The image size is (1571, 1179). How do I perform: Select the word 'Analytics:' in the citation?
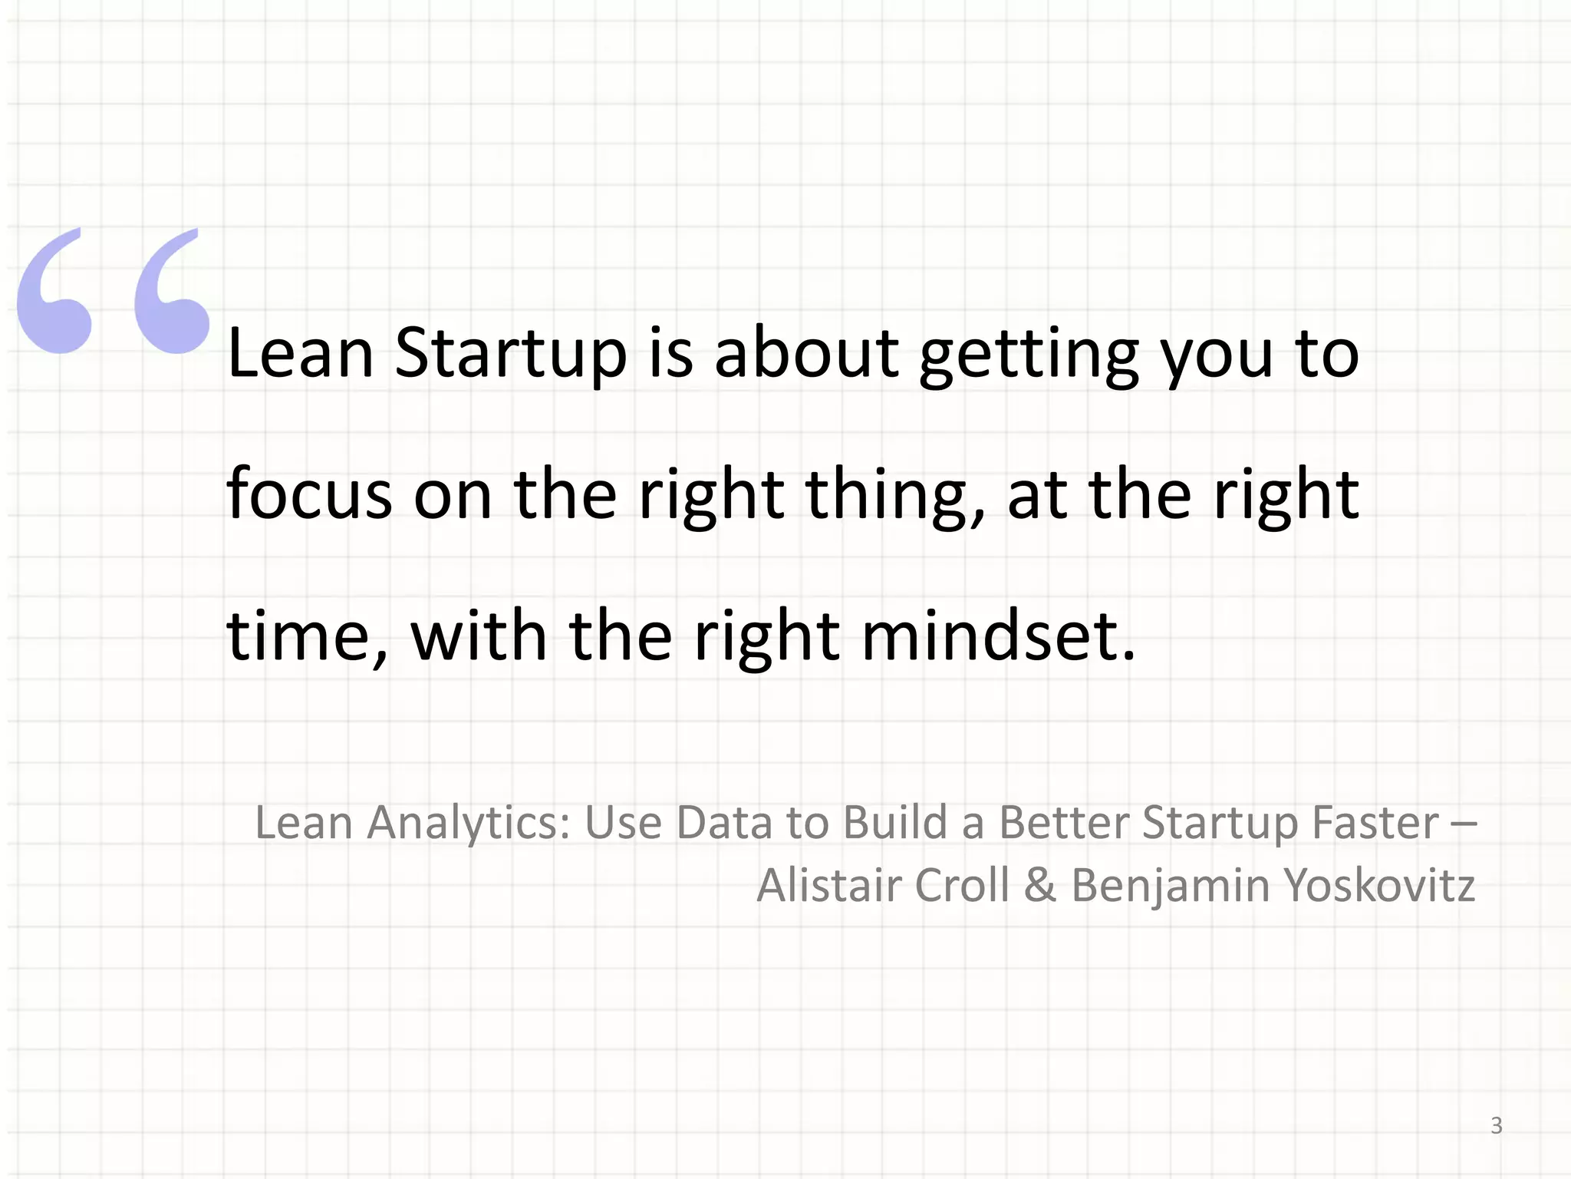469,823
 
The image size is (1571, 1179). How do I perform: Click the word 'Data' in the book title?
724,823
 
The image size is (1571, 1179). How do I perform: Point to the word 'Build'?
894,823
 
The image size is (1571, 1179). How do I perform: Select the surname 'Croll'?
962,885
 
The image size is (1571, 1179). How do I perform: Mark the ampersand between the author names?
1039,885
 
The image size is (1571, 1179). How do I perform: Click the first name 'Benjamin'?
1171,885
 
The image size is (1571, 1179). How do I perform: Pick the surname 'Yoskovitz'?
1379,885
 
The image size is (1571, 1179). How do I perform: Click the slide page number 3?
1496,1125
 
